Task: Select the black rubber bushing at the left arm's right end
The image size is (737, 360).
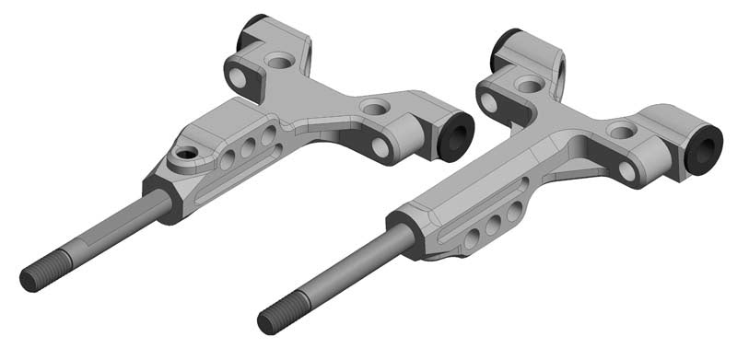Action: click(x=456, y=134)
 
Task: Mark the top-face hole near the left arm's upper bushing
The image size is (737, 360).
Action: click(x=277, y=62)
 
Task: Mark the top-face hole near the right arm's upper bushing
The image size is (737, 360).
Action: click(x=529, y=85)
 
